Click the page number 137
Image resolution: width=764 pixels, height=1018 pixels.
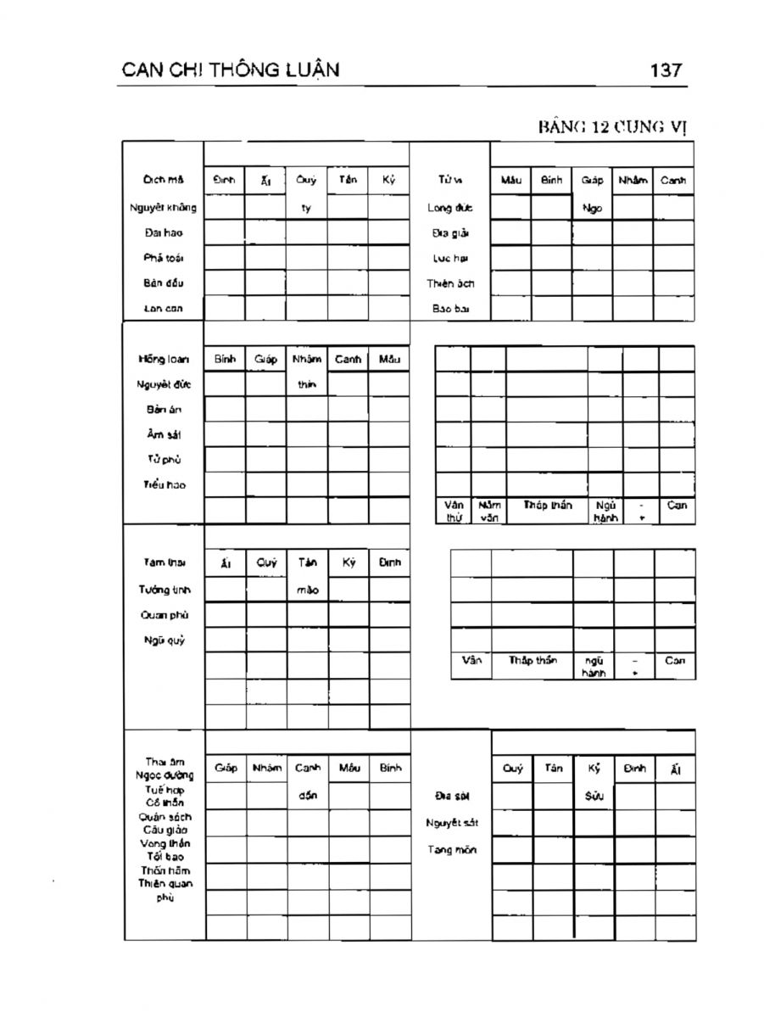pyautogui.click(x=666, y=70)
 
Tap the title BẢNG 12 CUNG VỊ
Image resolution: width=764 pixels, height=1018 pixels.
pyautogui.click(x=611, y=127)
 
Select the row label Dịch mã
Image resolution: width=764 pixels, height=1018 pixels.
pyautogui.click(x=163, y=180)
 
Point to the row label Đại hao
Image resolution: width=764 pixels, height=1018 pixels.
pyautogui.click(x=163, y=232)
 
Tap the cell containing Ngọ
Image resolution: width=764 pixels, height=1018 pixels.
pyautogui.click(x=592, y=207)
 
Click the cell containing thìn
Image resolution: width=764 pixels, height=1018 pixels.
pyautogui.click(x=306, y=384)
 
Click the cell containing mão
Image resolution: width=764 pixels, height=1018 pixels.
pyautogui.click(x=307, y=590)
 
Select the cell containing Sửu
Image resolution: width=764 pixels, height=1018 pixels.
pyautogui.click(x=594, y=797)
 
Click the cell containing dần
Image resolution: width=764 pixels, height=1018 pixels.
pyautogui.click(x=307, y=796)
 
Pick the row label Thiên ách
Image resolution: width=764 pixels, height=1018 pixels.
pyautogui.click(x=449, y=283)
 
